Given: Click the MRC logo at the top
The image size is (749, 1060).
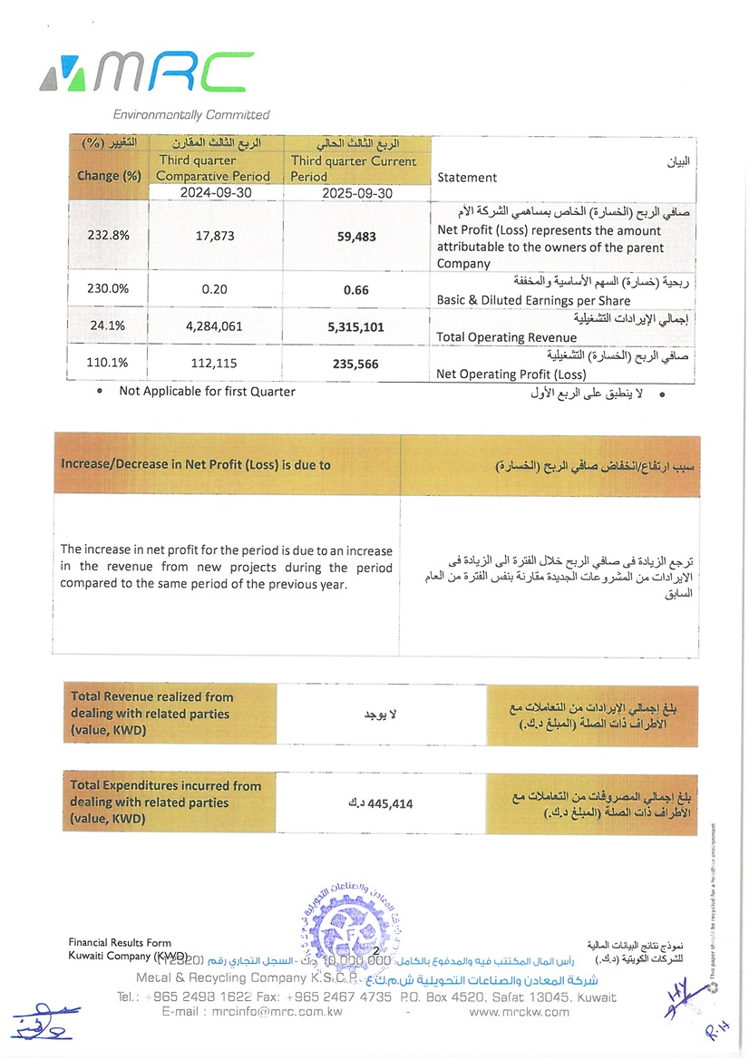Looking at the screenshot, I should pos(135,73).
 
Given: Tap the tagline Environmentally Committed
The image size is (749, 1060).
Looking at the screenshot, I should pos(190,115).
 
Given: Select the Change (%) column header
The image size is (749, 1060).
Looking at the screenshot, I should pos(109,176).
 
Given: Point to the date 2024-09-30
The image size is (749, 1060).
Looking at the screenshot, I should pos(216,193).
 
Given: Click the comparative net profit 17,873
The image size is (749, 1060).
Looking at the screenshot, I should pos(216,236).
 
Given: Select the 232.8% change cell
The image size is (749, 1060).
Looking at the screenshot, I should pos(109,236).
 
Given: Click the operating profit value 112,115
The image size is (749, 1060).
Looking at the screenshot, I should pos(216,364).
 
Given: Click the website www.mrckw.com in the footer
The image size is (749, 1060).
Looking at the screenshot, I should pos(520,1012).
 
